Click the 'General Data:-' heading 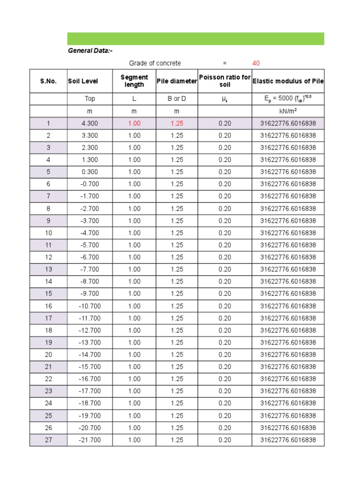pos(90,51)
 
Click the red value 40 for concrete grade pos(256,63)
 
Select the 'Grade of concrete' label pos(155,63)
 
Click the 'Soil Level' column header pos(83,81)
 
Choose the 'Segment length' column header pos(134,81)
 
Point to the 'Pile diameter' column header pos(177,81)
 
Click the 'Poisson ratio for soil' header pos(225,81)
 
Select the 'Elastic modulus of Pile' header pos(288,81)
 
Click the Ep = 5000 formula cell pos(288,99)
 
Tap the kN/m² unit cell pos(288,111)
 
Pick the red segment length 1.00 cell pos(134,123)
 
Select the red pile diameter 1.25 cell pos(177,123)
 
